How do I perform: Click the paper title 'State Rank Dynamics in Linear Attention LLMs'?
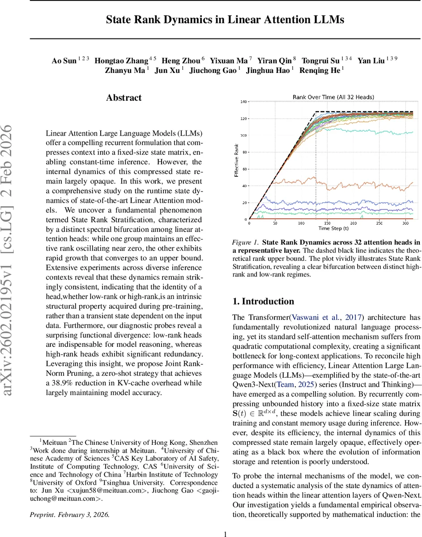[225, 20]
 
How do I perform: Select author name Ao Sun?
[64, 61]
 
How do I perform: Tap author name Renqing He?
[320, 70]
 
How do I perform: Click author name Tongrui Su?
[320, 61]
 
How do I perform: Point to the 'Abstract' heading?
[124, 98]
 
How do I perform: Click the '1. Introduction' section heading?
[263, 301]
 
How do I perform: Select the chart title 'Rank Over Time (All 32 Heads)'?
[333, 97]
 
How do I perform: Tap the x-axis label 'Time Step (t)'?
[333, 229]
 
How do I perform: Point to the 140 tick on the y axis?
[243, 102]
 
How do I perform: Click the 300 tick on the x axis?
[404, 223]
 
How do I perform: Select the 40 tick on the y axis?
[244, 186]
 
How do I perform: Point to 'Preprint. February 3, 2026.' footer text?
[69, 502]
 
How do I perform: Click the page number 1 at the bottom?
[226, 521]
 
